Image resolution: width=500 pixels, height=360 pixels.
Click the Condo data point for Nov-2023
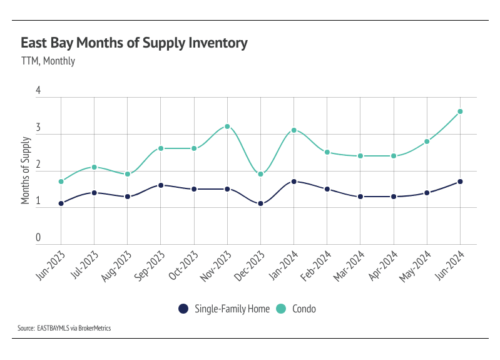(x=227, y=126)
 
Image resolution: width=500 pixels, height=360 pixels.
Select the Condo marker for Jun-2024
(x=460, y=111)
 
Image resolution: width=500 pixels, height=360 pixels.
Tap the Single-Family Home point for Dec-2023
(x=260, y=203)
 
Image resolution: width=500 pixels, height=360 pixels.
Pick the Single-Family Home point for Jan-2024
(x=293, y=182)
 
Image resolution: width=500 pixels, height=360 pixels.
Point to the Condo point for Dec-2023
(x=260, y=174)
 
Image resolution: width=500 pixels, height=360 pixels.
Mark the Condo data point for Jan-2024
(x=293, y=130)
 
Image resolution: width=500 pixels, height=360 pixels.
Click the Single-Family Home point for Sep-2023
(x=161, y=185)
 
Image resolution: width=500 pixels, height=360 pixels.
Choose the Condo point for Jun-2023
(x=61, y=182)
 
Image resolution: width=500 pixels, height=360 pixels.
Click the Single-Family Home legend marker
(x=183, y=309)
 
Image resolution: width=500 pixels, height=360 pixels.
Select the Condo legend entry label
(x=304, y=309)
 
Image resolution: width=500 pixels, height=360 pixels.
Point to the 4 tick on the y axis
(x=38, y=91)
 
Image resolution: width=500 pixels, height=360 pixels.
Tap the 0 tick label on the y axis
(x=38, y=239)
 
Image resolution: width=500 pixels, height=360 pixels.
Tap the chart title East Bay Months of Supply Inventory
(x=134, y=43)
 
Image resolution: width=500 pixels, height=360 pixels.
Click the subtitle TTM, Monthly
(x=48, y=61)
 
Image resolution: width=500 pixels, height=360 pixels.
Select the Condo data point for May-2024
(x=427, y=141)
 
